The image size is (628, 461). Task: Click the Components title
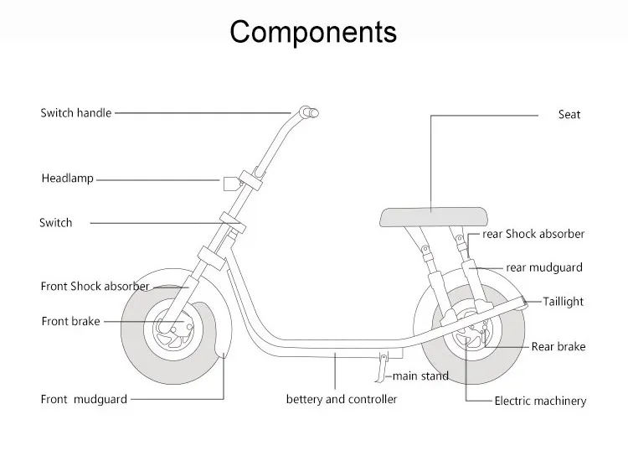[x=313, y=32]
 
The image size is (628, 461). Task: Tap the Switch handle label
[x=75, y=113]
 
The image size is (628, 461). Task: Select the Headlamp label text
[x=68, y=179]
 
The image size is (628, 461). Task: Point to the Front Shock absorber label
[x=95, y=287]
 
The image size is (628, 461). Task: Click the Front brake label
[x=70, y=321]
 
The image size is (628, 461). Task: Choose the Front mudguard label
[x=84, y=399]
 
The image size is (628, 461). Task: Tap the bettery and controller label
[x=342, y=399]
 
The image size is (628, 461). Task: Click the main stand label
[x=420, y=376]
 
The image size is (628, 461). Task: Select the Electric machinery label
[x=540, y=401]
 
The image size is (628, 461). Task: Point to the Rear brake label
[x=559, y=346]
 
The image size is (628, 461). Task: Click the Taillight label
[x=564, y=302]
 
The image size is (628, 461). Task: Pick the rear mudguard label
[x=544, y=268]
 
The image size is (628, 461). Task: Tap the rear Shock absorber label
[x=533, y=235]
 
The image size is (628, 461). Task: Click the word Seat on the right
[x=569, y=115]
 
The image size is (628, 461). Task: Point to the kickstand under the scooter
[x=381, y=367]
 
